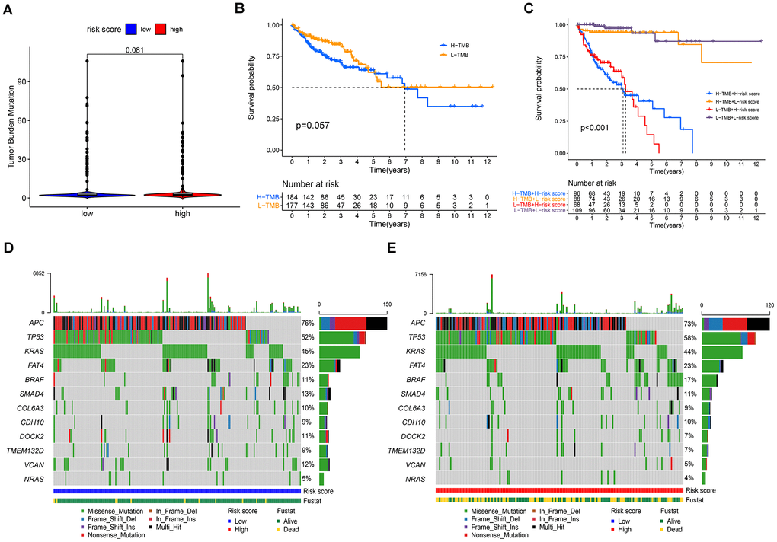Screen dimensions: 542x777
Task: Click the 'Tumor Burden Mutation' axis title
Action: point(13,126)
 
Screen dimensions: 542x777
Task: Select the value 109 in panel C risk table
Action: point(577,209)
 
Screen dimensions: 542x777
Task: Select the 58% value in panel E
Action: point(692,337)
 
